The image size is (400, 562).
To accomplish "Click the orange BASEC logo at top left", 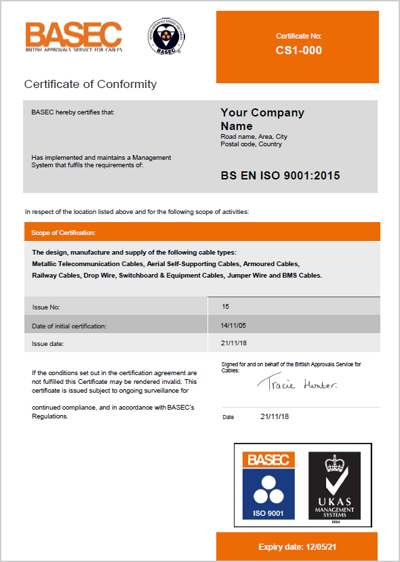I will click(x=73, y=37).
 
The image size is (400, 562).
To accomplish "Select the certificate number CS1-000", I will click(x=298, y=50).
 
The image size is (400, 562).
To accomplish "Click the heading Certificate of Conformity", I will click(x=90, y=85).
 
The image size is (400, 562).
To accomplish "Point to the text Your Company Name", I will click(x=262, y=119).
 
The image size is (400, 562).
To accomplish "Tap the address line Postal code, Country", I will click(x=251, y=144).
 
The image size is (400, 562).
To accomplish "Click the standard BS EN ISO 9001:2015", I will click(x=280, y=176).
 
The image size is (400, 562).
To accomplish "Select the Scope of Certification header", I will click(x=63, y=233).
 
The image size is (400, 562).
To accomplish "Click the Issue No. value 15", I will click(x=225, y=307).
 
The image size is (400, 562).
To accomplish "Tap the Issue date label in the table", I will click(x=48, y=344).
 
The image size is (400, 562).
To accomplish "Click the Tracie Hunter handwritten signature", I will click(x=297, y=384).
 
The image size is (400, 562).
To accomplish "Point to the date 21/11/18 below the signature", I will click(x=275, y=416).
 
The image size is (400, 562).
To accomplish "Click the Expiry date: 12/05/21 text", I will click(x=298, y=546).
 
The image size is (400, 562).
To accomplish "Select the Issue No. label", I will click(x=46, y=307).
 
